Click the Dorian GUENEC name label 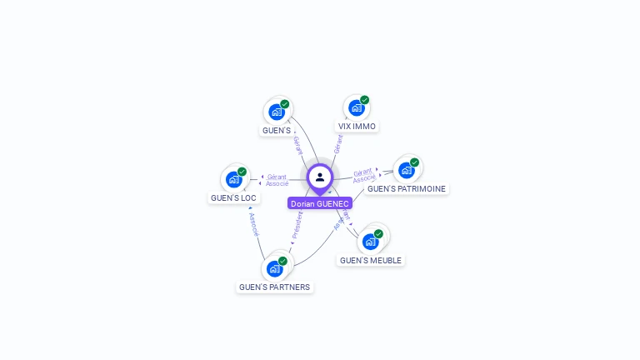tap(320, 203)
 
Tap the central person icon tap(320, 177)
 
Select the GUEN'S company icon tap(277, 112)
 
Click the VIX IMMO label tap(357, 127)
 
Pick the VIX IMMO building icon tap(357, 107)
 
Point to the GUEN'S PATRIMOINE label tap(406, 189)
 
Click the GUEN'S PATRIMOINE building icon tap(406, 170)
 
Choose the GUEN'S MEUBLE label tap(370, 261)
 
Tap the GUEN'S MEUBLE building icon tap(370, 242)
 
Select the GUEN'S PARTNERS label tap(274, 287)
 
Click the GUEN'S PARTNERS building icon tap(274, 268)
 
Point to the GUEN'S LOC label tap(233, 198)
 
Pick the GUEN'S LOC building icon tap(233, 179)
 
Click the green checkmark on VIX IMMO tap(364, 100)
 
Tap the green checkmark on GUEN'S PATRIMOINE tap(414, 162)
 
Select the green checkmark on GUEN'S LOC tap(242, 172)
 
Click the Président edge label tap(297, 223)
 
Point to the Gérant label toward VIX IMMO tap(337, 143)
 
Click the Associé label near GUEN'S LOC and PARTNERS tap(254, 222)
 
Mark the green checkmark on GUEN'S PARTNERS tap(282, 261)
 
